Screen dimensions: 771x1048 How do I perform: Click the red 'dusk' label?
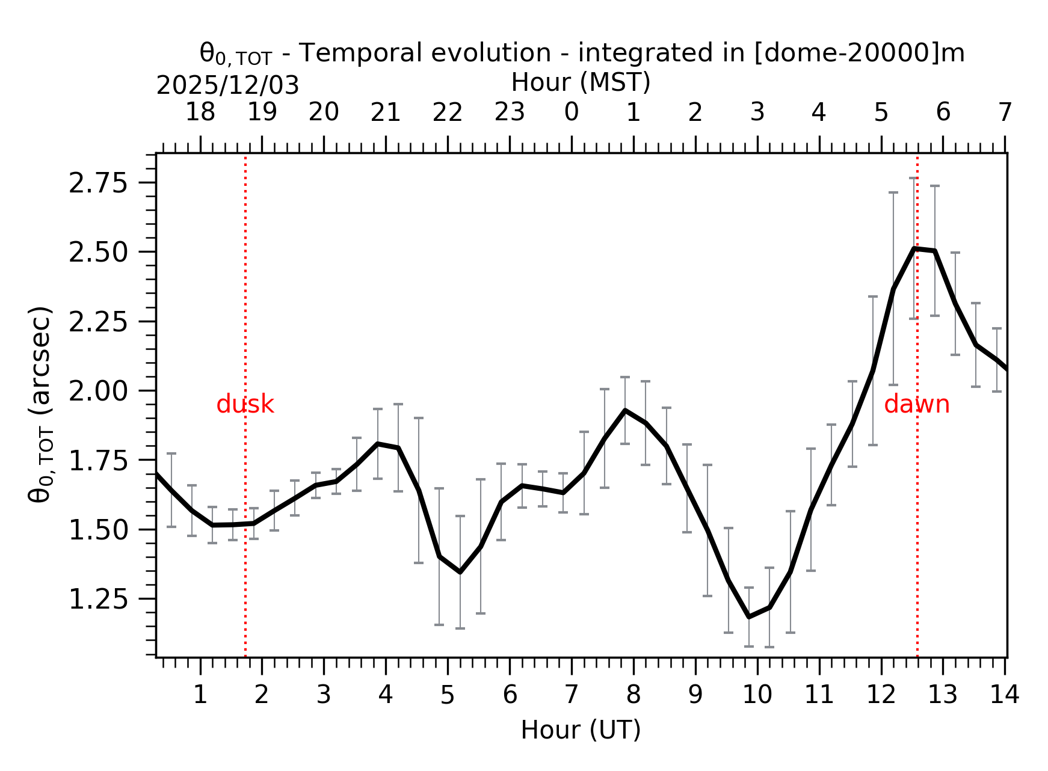pos(245,405)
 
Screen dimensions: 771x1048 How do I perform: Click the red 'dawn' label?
pos(916,405)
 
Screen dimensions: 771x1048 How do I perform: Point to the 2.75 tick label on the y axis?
pos(98,183)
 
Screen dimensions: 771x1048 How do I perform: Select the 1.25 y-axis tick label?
pos(98,600)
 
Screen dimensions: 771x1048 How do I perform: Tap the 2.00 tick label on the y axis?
pos(98,392)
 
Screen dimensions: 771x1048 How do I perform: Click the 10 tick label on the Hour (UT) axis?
pos(757,695)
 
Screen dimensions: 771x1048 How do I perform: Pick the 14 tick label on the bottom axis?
pos(1004,695)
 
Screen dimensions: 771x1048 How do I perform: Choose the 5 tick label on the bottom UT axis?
pos(447,695)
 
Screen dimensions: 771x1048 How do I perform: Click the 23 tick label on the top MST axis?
pos(510,112)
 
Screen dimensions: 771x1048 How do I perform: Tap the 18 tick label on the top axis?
pos(200,112)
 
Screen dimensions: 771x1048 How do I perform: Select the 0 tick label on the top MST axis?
pos(571,112)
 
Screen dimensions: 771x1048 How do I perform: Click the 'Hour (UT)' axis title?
pos(581,730)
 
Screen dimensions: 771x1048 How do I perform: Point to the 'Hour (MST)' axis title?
pos(581,82)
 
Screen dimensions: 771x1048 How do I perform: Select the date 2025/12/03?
pos(227,86)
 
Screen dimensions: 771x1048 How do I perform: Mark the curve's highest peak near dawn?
pos(914,248)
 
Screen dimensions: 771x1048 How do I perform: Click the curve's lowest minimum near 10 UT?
pos(749,616)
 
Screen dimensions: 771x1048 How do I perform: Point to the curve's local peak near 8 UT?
pos(625,410)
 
